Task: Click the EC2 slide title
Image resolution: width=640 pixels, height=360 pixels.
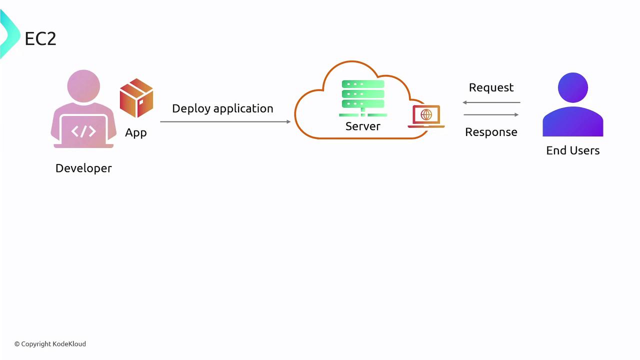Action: point(40,38)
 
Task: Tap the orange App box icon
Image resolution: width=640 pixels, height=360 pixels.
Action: point(136,97)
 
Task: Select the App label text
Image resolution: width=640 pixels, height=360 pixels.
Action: point(136,132)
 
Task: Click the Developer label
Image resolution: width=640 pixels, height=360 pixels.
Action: point(83,168)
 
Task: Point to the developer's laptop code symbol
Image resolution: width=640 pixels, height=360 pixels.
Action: point(83,131)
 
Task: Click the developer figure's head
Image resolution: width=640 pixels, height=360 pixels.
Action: point(83,85)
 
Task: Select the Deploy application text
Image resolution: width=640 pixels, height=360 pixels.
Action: point(222,108)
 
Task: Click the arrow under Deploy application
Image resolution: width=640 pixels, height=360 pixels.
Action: point(225,121)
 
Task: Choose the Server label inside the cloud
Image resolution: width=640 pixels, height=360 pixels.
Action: point(363,126)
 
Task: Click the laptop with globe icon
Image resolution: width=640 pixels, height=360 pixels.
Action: point(426,116)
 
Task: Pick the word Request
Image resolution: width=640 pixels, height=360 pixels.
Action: point(491,87)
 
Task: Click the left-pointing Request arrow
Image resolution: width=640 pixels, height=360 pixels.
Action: point(491,102)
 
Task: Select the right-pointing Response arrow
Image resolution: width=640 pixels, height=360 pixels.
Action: point(491,115)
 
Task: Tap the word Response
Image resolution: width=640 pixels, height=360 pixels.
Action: point(491,132)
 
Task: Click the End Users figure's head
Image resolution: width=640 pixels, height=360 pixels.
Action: point(573,88)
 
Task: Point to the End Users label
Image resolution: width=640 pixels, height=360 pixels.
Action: point(573,150)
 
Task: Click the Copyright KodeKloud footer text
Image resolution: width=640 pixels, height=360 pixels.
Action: point(50,344)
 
